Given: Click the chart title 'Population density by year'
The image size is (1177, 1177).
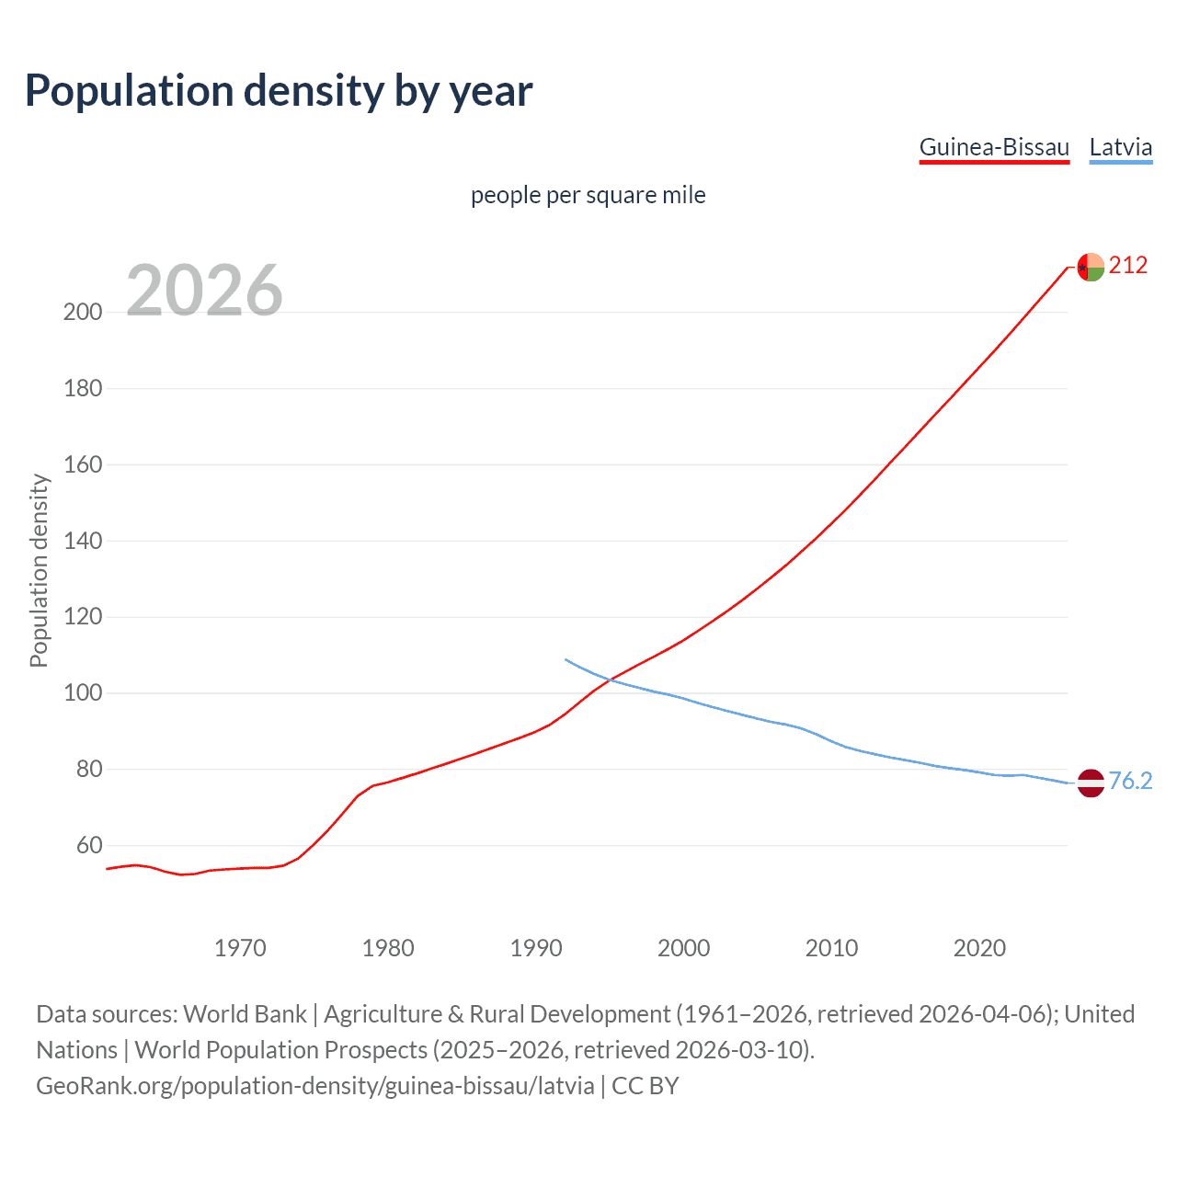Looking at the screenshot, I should (279, 91).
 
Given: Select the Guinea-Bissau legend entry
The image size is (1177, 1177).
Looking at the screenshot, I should (994, 147).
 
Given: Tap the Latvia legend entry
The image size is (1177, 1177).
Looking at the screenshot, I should (1120, 147).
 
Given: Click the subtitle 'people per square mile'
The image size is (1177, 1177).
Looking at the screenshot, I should (588, 196).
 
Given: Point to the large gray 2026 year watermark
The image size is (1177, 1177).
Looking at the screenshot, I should (204, 291).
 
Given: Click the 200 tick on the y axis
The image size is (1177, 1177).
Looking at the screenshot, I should (83, 312).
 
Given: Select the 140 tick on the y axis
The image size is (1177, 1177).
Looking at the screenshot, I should (83, 541).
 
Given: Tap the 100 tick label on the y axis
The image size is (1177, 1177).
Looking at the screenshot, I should (83, 692).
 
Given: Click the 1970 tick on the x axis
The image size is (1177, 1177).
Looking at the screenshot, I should (240, 948).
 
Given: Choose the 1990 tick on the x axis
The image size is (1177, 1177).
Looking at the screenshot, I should (536, 948).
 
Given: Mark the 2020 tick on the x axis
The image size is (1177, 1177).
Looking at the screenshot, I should (979, 948).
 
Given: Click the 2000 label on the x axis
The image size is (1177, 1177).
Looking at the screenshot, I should (683, 948).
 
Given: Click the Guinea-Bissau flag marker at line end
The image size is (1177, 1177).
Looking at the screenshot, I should (1091, 267).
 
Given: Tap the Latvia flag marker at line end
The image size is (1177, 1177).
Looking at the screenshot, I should (1091, 783).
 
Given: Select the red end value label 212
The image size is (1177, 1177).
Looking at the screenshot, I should (1128, 266).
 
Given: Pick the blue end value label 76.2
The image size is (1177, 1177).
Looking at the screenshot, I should (1130, 781).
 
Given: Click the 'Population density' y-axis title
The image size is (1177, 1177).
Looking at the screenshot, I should (39, 570).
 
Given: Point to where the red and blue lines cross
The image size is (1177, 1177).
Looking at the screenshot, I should (608, 680).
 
